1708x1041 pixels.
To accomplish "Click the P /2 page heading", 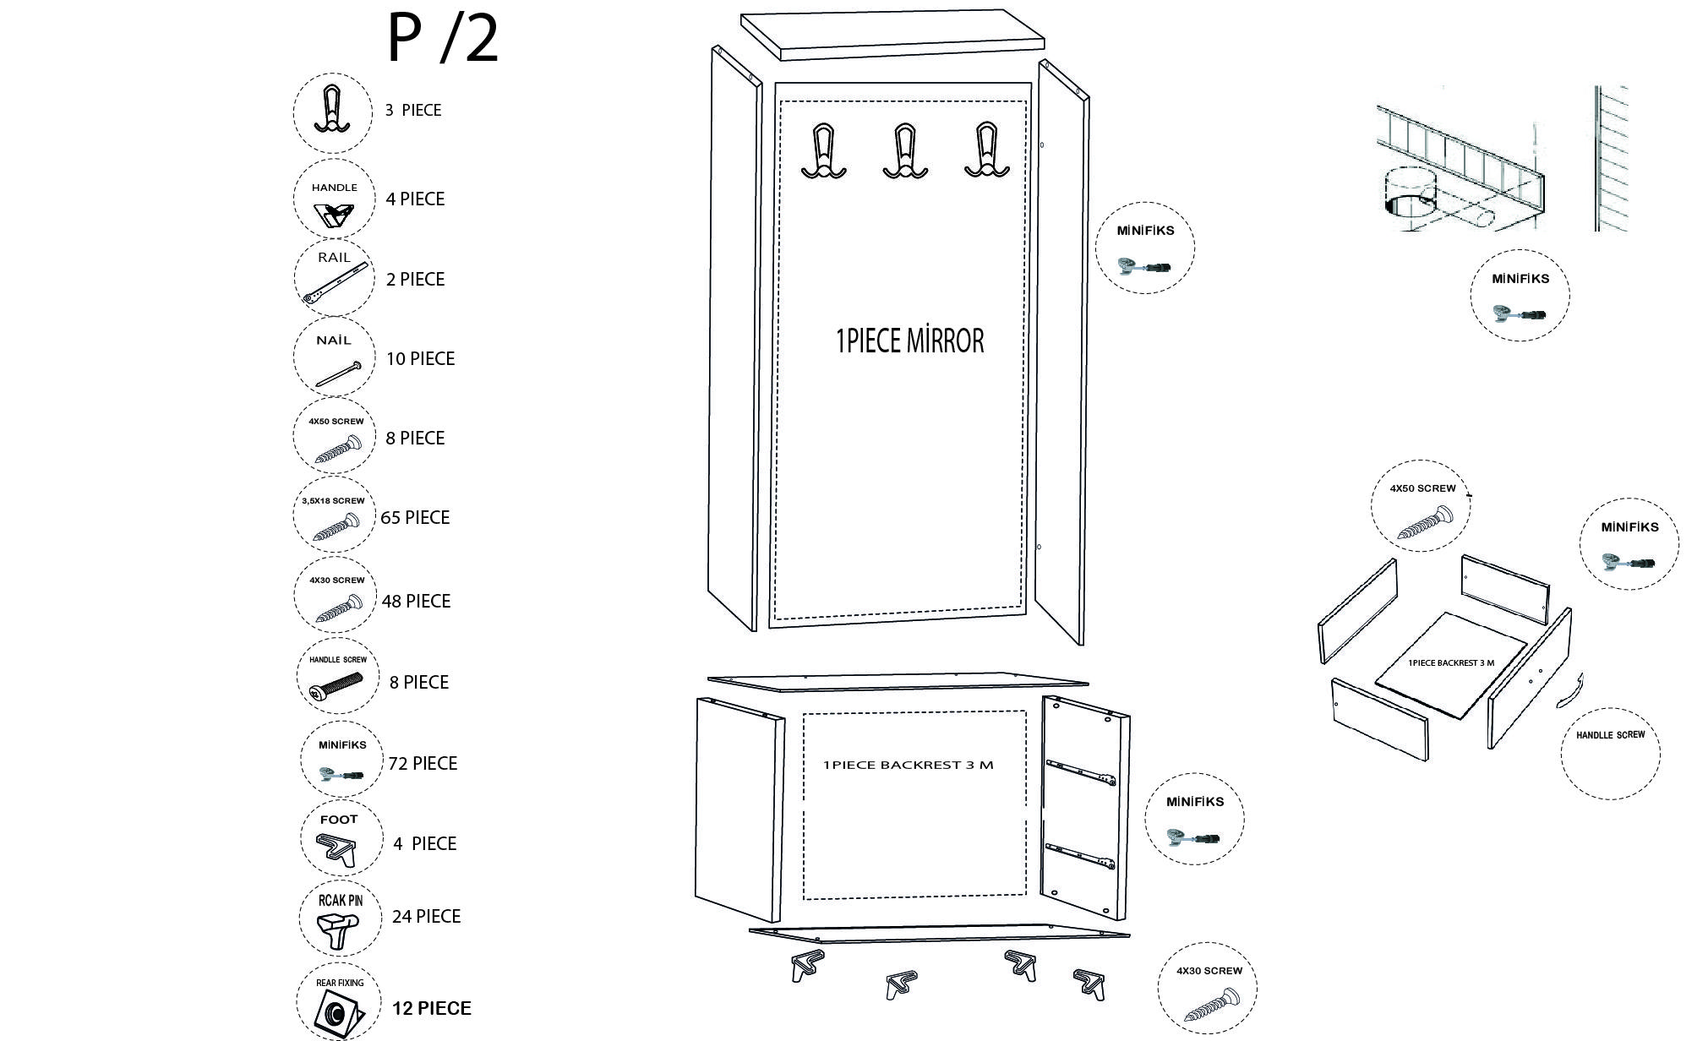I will point(443,39).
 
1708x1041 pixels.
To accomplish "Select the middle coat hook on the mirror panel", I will point(905,151).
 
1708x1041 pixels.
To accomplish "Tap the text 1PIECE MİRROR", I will point(910,341).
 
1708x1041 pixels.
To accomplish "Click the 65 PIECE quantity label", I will point(415,517).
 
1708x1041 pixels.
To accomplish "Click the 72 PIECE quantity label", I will point(423,763).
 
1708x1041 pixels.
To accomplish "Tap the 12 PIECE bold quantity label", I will point(431,1008).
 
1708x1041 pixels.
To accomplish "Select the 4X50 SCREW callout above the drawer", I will point(1421,504).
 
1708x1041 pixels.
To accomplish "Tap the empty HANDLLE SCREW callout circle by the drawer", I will point(1610,749).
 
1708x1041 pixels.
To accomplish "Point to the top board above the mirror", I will point(893,35).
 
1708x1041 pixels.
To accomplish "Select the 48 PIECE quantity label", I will point(416,601).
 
